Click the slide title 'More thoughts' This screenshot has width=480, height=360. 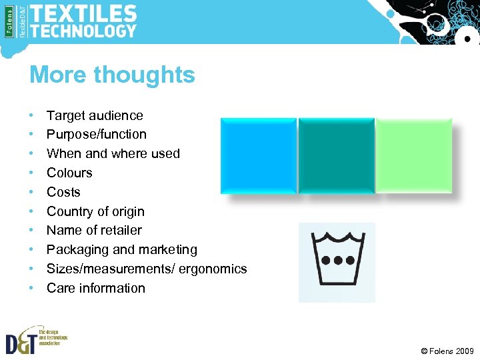(112, 75)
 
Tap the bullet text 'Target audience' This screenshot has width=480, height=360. (95, 115)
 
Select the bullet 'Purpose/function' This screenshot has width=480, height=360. (97, 134)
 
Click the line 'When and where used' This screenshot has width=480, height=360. (113, 153)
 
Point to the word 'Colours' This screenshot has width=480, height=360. (69, 173)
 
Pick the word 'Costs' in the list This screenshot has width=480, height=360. (63, 192)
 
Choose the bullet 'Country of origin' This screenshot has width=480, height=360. (95, 211)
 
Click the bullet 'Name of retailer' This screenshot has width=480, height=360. (94, 230)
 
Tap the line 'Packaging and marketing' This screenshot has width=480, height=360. (122, 249)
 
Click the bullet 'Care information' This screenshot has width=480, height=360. (96, 288)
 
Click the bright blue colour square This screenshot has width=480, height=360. (258, 156)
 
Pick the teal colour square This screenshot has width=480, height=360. (336, 156)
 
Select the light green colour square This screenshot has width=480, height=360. (413, 156)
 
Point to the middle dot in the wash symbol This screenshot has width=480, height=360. (337, 260)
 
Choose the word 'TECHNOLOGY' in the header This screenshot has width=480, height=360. (83, 31)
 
